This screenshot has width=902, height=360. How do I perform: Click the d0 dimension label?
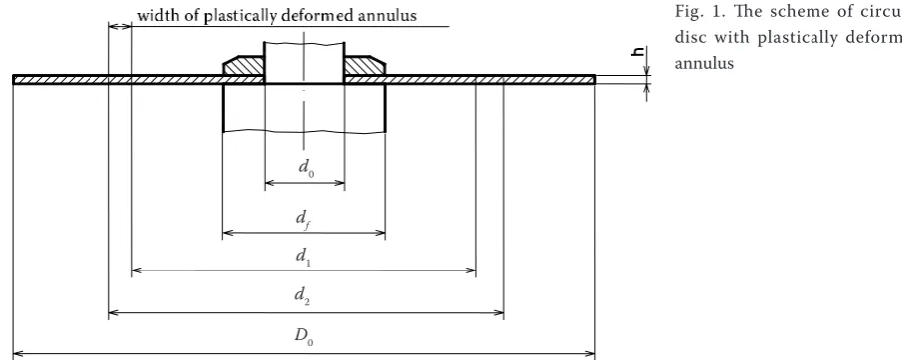tap(306, 167)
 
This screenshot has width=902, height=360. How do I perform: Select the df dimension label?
tap(304, 219)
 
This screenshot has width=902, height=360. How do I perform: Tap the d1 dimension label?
tap(303, 256)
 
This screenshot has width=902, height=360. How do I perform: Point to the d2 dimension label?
tap(302, 296)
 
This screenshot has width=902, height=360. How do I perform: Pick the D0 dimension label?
tap(304, 336)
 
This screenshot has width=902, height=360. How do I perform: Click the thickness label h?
tap(637, 52)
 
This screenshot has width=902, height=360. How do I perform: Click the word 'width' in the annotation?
tap(155, 16)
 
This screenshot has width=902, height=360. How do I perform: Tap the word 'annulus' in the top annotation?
tap(387, 16)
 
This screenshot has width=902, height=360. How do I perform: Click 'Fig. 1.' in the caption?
tap(694, 12)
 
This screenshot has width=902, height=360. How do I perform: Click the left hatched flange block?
tap(243, 66)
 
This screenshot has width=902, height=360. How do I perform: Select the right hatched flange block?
tap(365, 66)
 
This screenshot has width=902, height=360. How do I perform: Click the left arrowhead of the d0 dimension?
tap(268, 183)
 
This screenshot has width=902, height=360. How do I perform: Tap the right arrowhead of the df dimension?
tap(381, 233)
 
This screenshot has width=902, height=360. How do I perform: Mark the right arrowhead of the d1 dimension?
tap(472, 270)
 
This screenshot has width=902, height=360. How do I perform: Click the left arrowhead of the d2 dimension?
tap(112, 313)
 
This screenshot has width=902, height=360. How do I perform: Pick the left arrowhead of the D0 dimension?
tap(17, 354)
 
